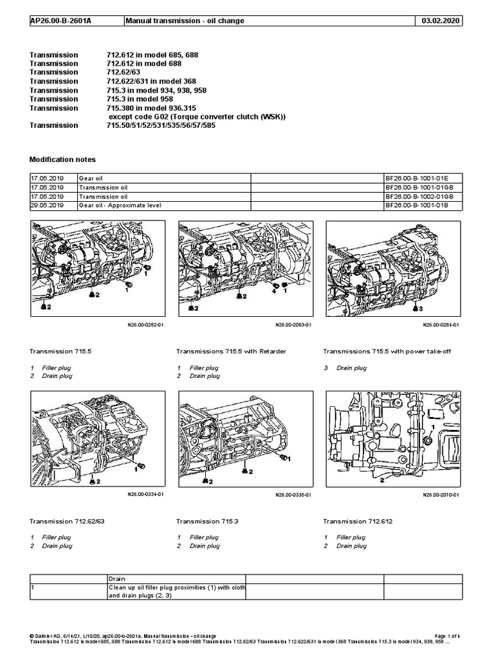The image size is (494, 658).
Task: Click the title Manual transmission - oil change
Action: click(185, 21)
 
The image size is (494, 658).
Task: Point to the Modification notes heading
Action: click(63, 159)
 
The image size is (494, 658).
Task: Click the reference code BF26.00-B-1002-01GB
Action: click(419, 195)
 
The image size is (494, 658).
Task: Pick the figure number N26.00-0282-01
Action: click(146, 325)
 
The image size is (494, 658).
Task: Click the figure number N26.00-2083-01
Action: click(293, 325)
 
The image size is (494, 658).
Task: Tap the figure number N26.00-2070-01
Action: click(441, 495)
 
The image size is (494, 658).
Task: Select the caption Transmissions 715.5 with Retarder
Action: click(231, 351)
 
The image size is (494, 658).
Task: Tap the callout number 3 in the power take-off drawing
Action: click(421, 308)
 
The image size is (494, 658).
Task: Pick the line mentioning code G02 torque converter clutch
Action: click(196, 117)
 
